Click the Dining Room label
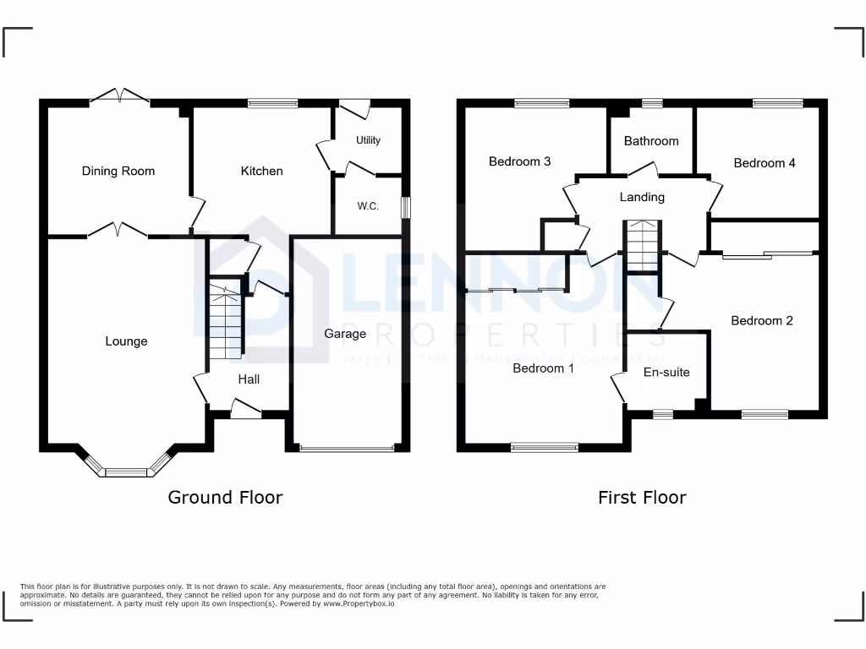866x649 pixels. (x=118, y=171)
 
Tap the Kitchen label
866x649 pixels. (x=262, y=171)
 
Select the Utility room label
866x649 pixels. (x=368, y=140)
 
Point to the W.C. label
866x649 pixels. (x=367, y=206)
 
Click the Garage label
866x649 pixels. (x=345, y=334)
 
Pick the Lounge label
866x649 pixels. (x=126, y=341)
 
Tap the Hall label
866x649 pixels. (x=249, y=379)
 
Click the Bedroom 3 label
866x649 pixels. (x=520, y=161)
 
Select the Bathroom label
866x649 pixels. (x=651, y=141)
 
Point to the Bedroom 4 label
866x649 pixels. (x=765, y=163)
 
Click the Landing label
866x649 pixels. (x=642, y=197)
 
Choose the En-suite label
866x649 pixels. (x=666, y=372)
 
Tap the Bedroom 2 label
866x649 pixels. (x=762, y=320)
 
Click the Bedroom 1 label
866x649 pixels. (x=543, y=368)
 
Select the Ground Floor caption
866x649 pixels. (x=225, y=497)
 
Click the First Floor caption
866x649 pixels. (x=642, y=497)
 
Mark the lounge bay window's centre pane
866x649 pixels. (x=126, y=472)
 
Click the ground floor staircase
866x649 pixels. (x=225, y=321)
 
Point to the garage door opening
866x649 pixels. (x=346, y=448)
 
